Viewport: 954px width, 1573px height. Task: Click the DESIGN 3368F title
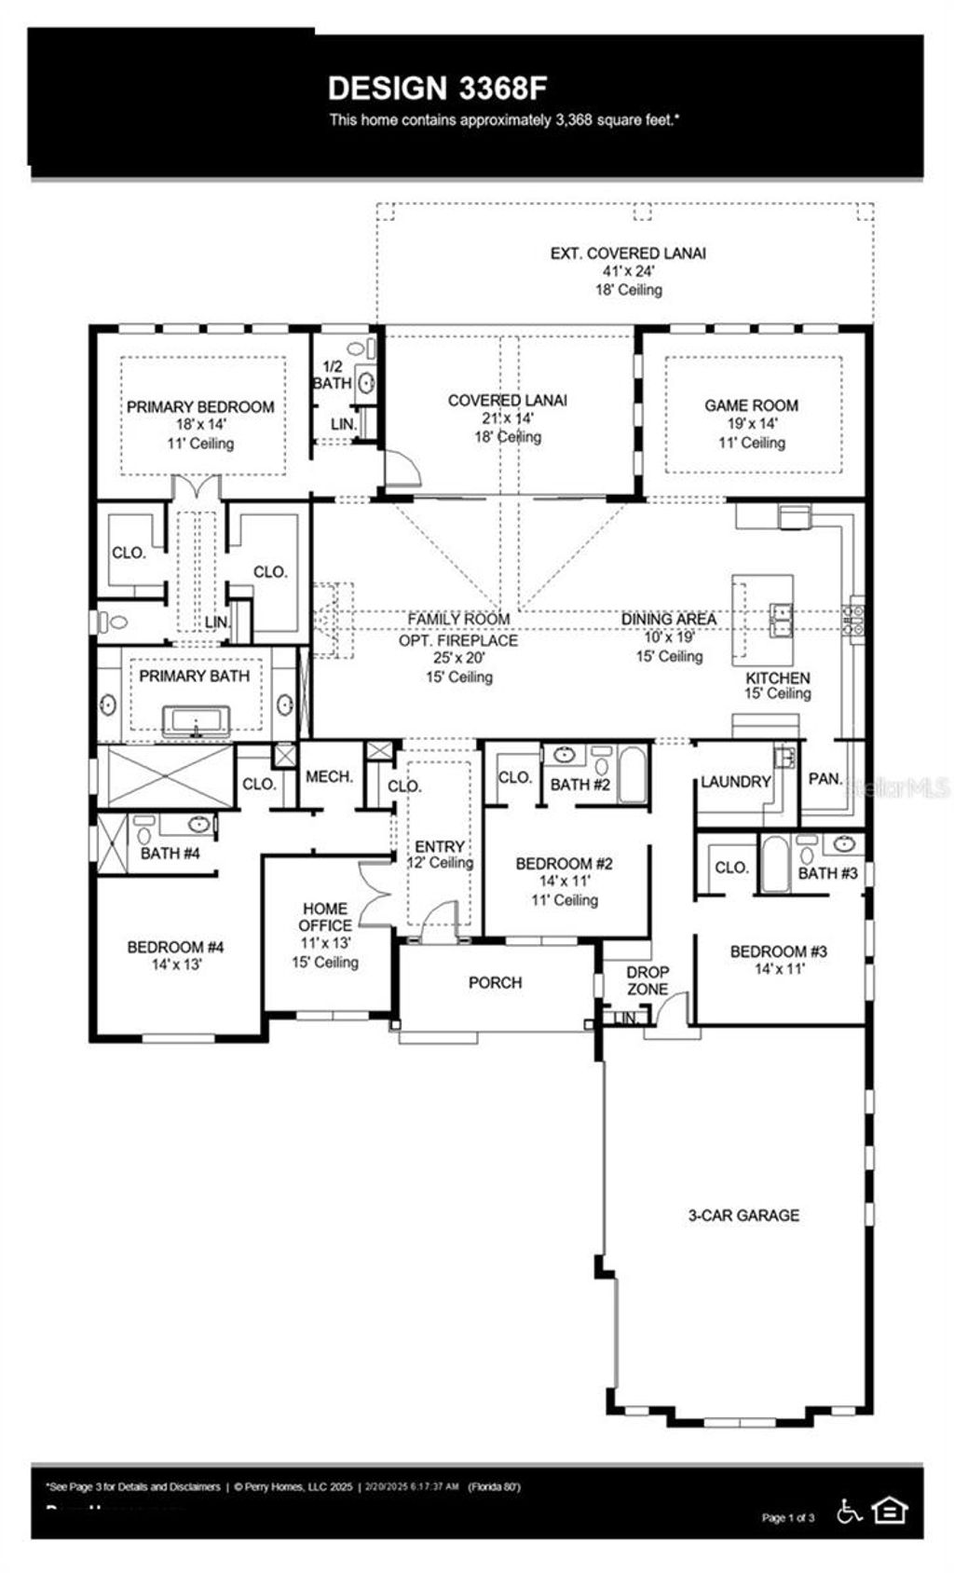[437, 89]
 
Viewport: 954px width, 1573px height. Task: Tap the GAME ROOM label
[751, 405]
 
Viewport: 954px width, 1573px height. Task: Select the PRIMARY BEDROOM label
[200, 407]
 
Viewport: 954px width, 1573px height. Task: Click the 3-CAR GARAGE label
[743, 1215]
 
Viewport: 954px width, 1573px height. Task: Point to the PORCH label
[495, 982]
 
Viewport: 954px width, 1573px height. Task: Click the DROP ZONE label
[647, 979]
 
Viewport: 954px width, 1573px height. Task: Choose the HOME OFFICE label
[325, 917]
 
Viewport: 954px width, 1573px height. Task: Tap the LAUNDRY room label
[735, 782]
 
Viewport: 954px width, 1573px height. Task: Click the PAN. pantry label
[825, 778]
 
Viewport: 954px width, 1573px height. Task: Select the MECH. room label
[329, 776]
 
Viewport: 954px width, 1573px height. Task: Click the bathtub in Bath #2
[632, 774]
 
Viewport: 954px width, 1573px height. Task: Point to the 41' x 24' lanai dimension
[628, 271]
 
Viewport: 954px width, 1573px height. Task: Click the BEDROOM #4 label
[176, 948]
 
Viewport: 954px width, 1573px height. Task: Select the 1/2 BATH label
[332, 375]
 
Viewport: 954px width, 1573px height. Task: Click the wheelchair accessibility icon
[849, 1511]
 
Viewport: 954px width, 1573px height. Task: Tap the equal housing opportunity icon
[891, 1510]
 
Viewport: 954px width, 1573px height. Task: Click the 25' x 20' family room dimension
[458, 658]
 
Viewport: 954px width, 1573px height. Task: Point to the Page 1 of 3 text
[788, 1518]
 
